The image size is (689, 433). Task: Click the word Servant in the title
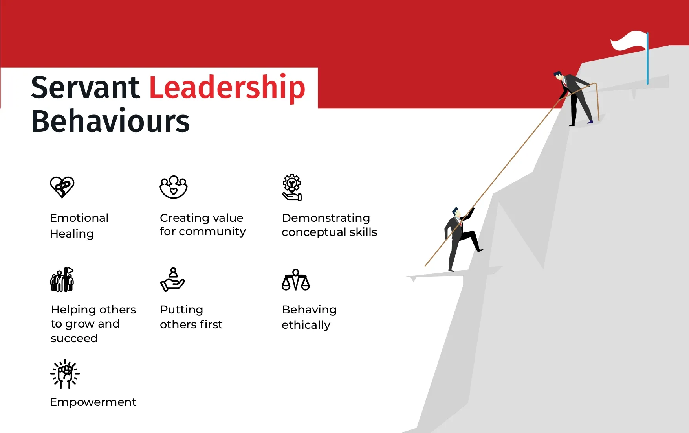(85, 87)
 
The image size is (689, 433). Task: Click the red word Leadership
(227, 88)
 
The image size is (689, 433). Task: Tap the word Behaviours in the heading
(111, 121)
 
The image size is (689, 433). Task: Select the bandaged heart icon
(62, 187)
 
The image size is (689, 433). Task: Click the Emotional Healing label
(79, 226)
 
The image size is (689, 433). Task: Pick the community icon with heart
(174, 187)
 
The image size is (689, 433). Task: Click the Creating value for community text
(203, 225)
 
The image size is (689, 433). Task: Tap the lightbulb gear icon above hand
(292, 188)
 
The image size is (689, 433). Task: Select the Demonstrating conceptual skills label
(329, 225)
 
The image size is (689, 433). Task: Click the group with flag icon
(62, 280)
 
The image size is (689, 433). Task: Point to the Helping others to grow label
(93, 324)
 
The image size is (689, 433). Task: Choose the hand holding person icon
(172, 280)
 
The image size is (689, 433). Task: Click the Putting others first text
(191, 317)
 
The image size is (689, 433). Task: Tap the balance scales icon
(296, 280)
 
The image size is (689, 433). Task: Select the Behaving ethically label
(309, 317)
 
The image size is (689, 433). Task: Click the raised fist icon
(65, 374)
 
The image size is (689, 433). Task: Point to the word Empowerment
(93, 402)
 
